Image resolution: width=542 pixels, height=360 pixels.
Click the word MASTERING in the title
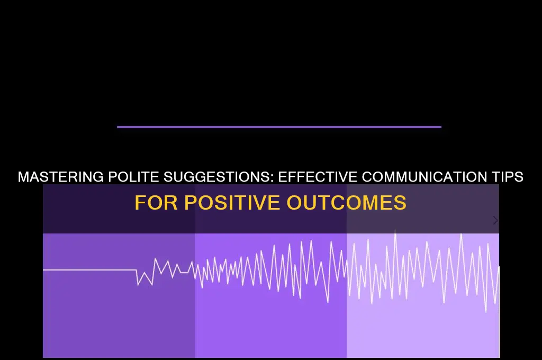(x=58, y=177)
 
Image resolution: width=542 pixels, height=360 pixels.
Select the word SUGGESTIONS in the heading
(x=212, y=177)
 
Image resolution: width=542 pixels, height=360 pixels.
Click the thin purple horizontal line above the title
(x=279, y=127)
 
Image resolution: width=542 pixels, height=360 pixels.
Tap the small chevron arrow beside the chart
(x=495, y=220)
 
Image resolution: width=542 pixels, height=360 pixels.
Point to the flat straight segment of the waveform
(x=90, y=270)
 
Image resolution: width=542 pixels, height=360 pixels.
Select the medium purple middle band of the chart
(x=270, y=323)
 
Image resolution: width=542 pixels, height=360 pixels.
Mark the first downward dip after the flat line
(x=139, y=285)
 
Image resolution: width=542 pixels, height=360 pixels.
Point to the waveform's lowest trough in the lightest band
(x=486, y=312)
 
